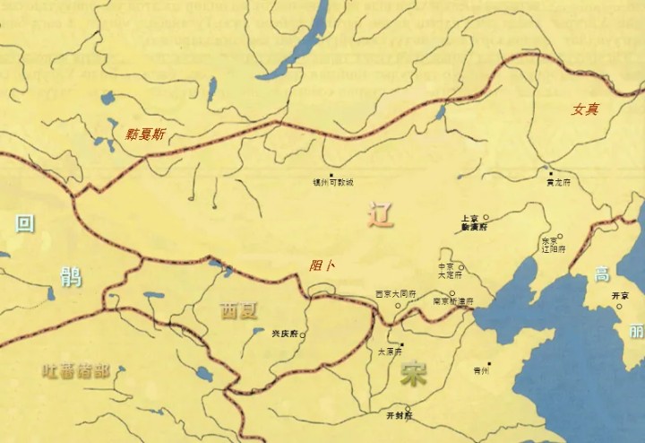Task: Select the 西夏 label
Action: (x=238, y=311)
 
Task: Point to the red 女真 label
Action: (x=585, y=109)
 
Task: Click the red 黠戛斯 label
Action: (x=145, y=135)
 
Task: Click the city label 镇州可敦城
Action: (x=333, y=182)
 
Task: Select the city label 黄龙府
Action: (x=558, y=182)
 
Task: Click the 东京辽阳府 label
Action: (x=552, y=245)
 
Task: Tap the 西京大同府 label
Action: (x=395, y=293)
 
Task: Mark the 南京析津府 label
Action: (x=452, y=301)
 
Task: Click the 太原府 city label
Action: (x=391, y=352)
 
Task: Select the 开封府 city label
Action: (x=399, y=416)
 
